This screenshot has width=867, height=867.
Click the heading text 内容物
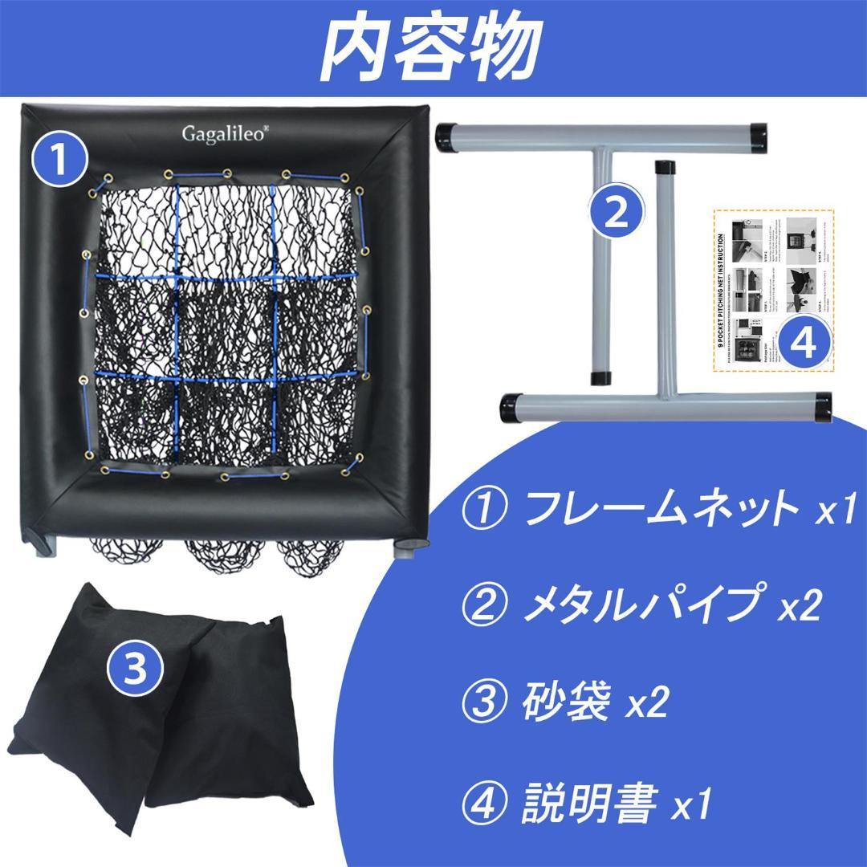[x=433, y=48]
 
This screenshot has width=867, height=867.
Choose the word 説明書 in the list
[x=591, y=802]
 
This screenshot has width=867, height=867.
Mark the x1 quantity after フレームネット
[x=835, y=512]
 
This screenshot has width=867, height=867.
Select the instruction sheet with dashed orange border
[x=772, y=290]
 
